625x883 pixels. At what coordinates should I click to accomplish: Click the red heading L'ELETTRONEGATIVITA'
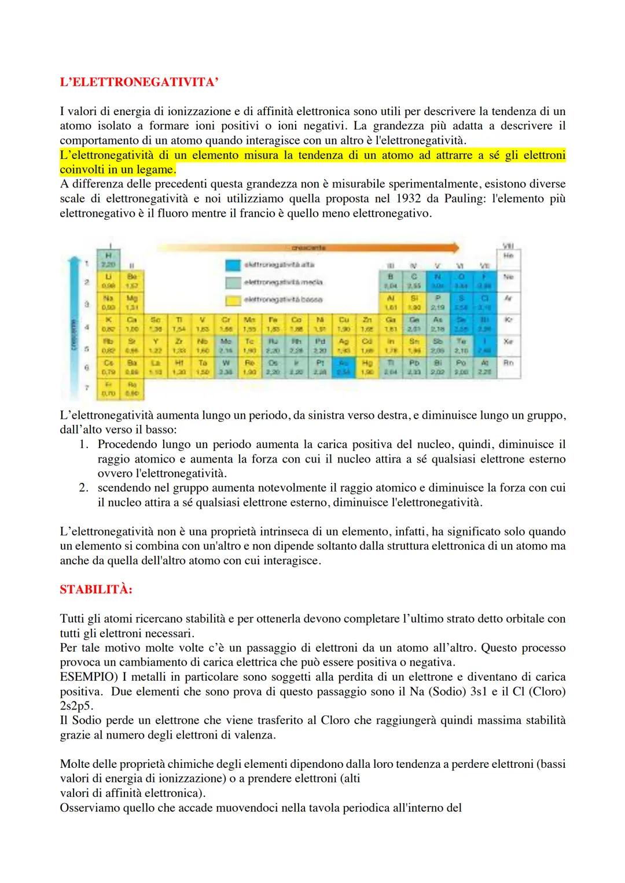click(x=139, y=82)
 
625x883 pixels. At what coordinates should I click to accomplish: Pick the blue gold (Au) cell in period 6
click(x=344, y=368)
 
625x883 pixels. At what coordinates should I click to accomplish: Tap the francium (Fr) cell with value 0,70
click(x=107, y=389)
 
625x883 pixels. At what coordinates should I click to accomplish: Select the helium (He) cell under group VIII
click(x=509, y=256)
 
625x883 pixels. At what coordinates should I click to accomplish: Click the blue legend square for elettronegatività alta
click(x=233, y=265)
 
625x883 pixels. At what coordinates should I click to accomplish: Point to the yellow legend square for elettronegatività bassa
click(x=233, y=300)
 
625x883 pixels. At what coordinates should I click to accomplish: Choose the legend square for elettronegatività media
click(x=233, y=282)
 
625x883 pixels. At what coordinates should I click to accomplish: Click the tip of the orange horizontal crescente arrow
click(x=460, y=247)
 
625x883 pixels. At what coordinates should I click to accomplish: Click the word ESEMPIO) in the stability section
click(x=83, y=677)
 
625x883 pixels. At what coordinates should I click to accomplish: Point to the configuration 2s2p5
click(x=76, y=706)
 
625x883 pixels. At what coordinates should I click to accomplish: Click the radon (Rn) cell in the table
click(x=509, y=363)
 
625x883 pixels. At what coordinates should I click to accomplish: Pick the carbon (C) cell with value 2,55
click(x=414, y=281)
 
